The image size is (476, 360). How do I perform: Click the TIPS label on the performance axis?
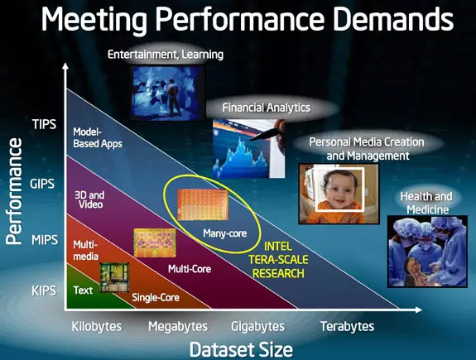pos(45,124)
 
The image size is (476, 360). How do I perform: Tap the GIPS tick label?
pos(42,184)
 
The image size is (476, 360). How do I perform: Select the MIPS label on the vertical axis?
pos(45,240)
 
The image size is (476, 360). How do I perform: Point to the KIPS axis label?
pos(44,290)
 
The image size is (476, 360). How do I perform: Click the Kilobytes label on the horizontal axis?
pos(97,327)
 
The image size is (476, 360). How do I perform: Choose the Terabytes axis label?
pos(348,327)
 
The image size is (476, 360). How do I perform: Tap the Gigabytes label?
pos(258,327)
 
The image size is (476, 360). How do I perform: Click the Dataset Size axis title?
pos(242,349)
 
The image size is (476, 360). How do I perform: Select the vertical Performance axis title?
pos(14,191)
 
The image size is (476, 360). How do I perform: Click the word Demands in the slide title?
pos(393,19)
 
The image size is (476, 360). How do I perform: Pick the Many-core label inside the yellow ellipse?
pos(225,233)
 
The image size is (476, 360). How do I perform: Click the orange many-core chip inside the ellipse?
pos(203,204)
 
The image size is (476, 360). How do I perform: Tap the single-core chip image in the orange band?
pos(114,277)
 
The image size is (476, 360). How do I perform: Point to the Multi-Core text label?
pos(190,269)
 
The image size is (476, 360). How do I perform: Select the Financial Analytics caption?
pos(267,108)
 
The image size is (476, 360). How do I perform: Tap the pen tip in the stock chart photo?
pos(252,140)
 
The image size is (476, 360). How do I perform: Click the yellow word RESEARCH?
pos(278,273)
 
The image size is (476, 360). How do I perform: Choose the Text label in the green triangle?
pos(83,290)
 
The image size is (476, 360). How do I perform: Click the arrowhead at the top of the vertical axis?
pos(65,66)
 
